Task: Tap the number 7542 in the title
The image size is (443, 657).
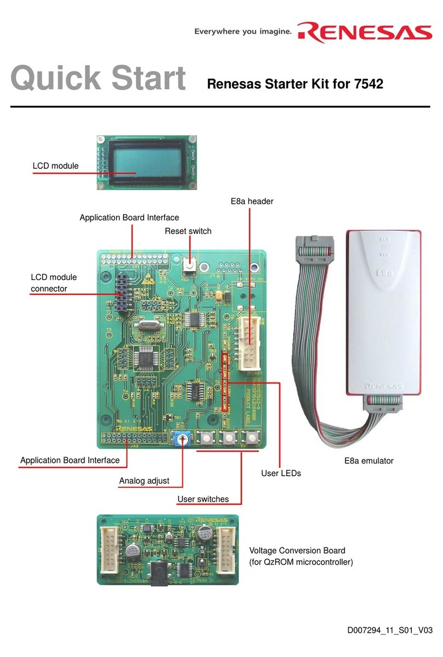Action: click(368, 84)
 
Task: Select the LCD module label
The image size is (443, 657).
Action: click(55, 165)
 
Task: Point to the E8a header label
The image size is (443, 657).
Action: click(252, 202)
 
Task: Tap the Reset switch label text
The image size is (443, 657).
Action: click(188, 231)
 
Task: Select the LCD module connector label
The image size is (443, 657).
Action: click(54, 283)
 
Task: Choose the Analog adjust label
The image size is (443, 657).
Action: click(144, 481)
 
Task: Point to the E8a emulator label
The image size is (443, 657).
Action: click(369, 461)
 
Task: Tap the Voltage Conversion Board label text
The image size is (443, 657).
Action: click(297, 550)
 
